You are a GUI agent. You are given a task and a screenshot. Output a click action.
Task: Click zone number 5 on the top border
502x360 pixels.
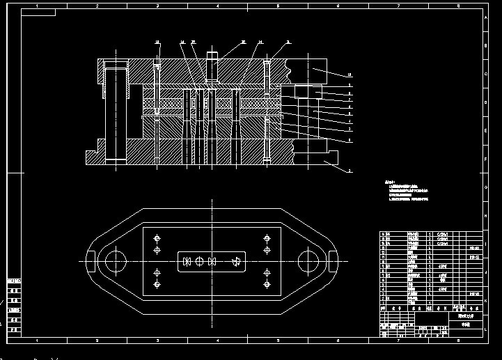[x=278, y=6]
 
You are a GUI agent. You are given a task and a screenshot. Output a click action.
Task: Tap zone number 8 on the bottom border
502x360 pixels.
[x=457, y=341]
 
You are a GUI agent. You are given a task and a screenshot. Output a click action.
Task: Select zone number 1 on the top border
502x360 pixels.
[x=36, y=6]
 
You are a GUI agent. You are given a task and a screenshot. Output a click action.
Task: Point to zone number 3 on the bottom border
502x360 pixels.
[x=157, y=341]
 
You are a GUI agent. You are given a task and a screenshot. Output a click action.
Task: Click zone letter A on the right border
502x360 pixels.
[x=486, y=16]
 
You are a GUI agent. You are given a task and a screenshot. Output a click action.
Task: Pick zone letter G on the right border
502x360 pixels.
[x=486, y=188]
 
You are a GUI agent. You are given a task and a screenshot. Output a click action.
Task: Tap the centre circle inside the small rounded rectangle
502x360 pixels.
[x=199, y=261]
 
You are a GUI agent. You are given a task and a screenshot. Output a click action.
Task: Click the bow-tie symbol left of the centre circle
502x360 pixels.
[x=187, y=261]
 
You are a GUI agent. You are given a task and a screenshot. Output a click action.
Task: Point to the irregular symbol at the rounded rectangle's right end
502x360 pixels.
[x=237, y=261]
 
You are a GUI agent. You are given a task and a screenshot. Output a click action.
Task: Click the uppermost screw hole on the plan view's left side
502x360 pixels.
[x=157, y=237]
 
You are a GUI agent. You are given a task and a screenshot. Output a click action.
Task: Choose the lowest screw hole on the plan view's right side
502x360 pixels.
[x=267, y=285]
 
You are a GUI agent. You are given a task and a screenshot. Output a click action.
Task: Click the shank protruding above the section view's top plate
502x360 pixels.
[x=212, y=55]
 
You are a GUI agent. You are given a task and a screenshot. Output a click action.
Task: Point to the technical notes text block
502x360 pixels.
[x=408, y=191]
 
